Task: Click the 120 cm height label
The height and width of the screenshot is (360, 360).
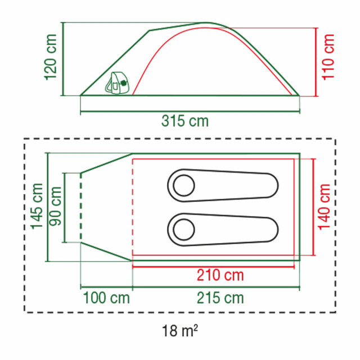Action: (51, 57)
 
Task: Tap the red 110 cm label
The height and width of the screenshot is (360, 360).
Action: (328, 57)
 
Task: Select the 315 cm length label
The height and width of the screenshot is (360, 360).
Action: (185, 121)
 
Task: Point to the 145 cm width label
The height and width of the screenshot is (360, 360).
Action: (37, 206)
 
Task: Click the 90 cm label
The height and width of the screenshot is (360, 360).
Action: (55, 206)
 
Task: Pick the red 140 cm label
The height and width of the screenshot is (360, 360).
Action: (324, 206)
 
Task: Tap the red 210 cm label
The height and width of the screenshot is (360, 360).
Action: (220, 275)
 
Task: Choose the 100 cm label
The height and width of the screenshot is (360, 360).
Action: (106, 298)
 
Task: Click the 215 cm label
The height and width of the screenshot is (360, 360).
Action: (220, 298)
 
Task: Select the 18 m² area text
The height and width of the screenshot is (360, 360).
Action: (180, 330)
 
